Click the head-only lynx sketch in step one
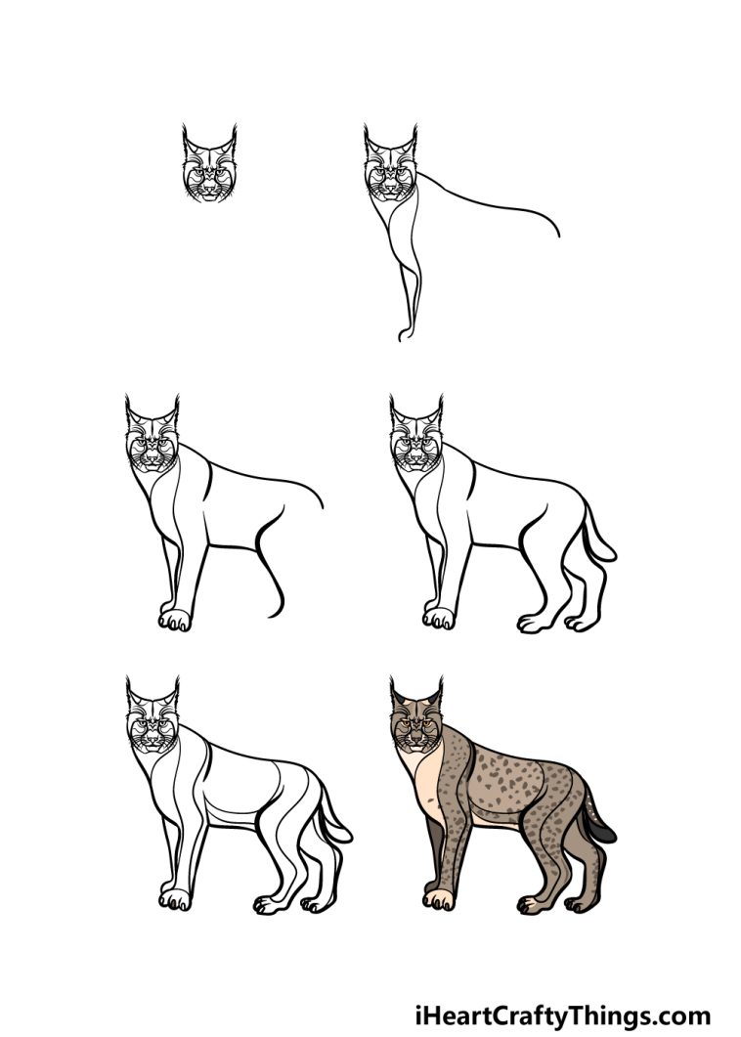pyautogui.click(x=208, y=168)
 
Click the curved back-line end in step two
pyautogui.click(x=558, y=233)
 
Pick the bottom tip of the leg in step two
pyautogui.click(x=402, y=337)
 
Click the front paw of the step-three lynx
pyautogui.click(x=175, y=619)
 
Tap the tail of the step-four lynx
pyautogui.click(x=598, y=537)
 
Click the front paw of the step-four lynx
pyautogui.click(x=439, y=618)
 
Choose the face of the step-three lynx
pyautogui.click(x=151, y=448)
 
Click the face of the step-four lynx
pyautogui.click(x=414, y=448)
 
